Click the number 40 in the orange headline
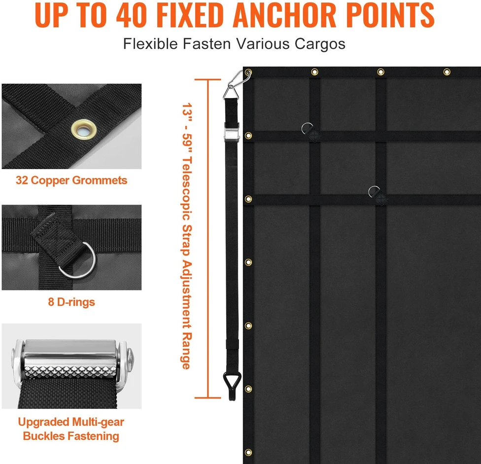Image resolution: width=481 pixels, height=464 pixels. pos(132,15)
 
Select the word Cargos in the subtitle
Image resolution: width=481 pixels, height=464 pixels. pos(320,44)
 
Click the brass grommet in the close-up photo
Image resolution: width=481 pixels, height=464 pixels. pos(84,130)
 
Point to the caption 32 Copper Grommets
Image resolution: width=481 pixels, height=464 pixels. pos(71,180)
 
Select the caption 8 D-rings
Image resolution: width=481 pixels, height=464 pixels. pos(71,302)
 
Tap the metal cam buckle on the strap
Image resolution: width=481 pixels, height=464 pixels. pos(231,132)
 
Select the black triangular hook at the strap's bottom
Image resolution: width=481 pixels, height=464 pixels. pos(232,386)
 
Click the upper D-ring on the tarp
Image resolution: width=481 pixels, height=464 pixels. pos(307,129)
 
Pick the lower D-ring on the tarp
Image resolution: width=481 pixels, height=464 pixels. pos(374,192)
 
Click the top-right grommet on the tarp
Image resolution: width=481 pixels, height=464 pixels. pos(447,72)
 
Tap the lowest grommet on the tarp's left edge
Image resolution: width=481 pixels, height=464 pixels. pos(248,452)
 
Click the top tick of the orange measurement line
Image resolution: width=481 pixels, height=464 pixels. pos(207,79)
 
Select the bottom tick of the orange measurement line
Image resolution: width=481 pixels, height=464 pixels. pos(207,398)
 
